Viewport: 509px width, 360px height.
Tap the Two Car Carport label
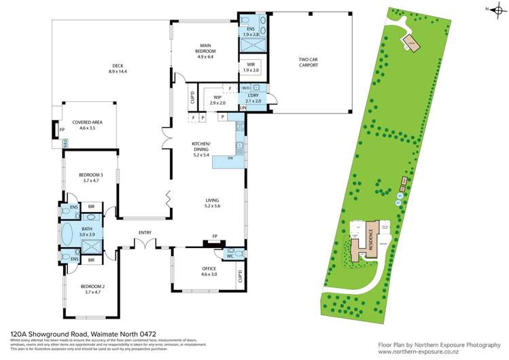point(309,62)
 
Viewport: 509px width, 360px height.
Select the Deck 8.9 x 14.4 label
point(120,69)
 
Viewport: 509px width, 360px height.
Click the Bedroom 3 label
point(91,178)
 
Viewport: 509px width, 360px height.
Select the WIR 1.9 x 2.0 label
point(251,69)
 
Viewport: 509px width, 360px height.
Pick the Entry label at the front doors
point(144,233)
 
